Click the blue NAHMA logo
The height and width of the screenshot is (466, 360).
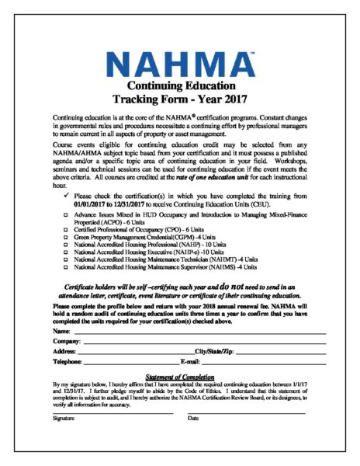pyautogui.click(x=180, y=61)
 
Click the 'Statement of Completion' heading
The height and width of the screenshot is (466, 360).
pyautogui.click(x=179, y=376)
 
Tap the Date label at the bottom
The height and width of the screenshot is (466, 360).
pyautogui.click(x=193, y=418)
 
